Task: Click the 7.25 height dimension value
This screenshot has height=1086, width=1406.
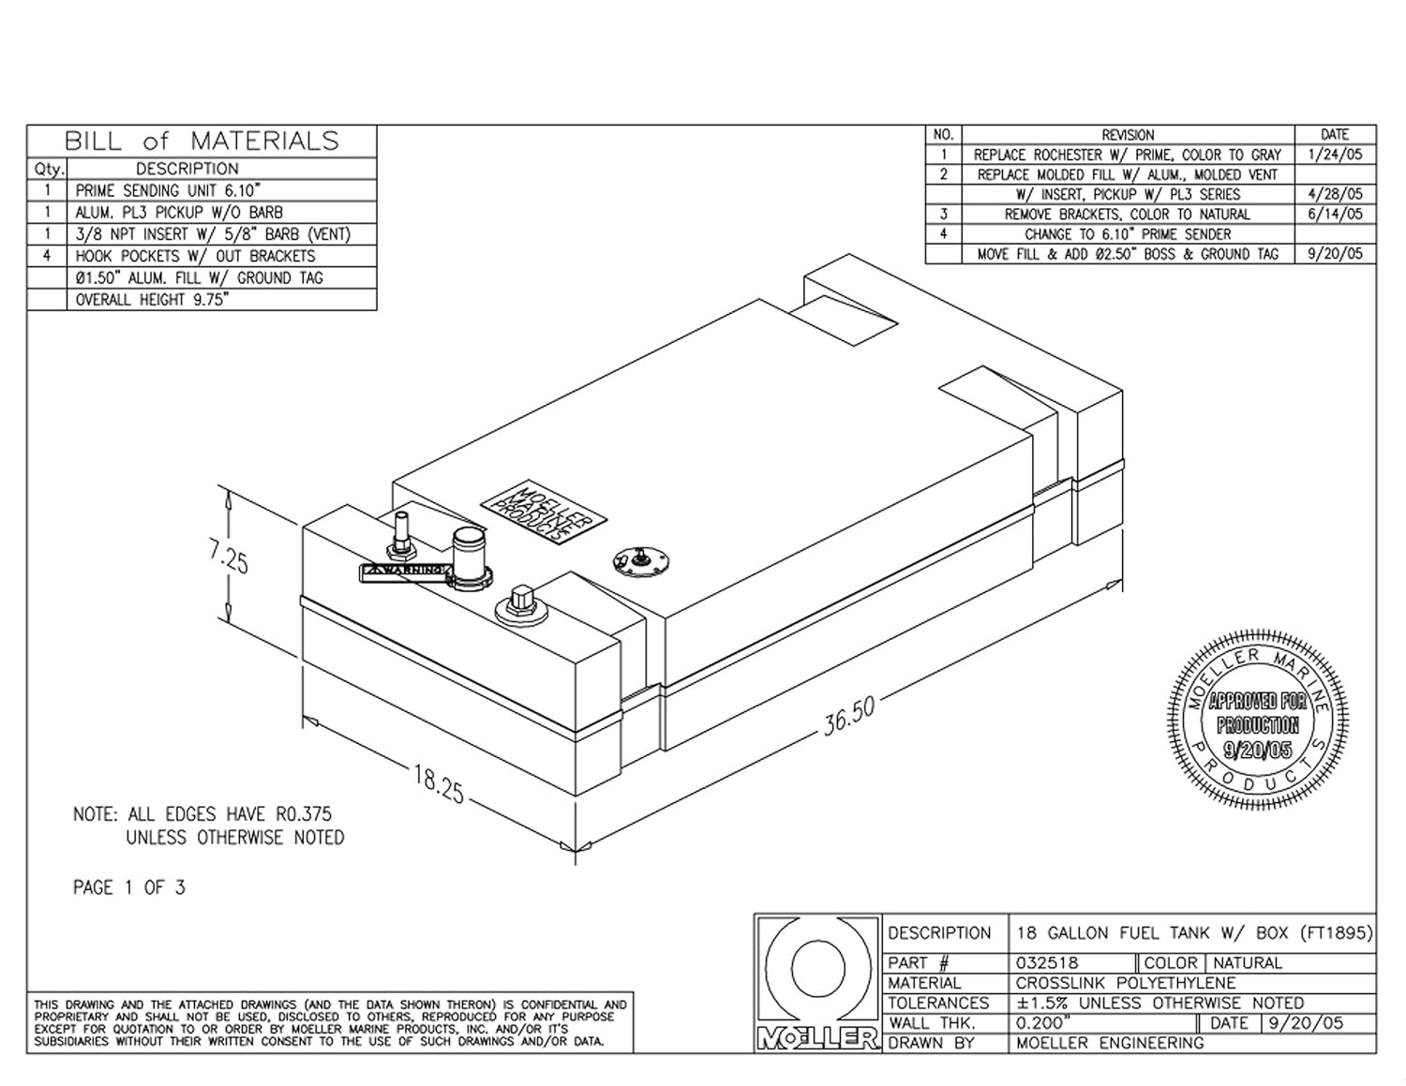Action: [x=229, y=560]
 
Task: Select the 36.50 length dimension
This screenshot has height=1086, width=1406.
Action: [x=849, y=716]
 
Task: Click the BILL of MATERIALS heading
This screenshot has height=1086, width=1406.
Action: [x=202, y=141]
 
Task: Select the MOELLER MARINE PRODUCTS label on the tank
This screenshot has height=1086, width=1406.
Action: [x=544, y=512]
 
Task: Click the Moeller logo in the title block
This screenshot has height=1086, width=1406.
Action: [x=817, y=982]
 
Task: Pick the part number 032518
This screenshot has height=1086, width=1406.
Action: [x=1047, y=962]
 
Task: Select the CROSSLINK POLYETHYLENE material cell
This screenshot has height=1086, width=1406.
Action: [x=1126, y=983]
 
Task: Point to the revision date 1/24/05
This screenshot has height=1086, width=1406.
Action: [x=1335, y=155]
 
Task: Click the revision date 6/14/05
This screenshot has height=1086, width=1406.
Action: [x=1335, y=214]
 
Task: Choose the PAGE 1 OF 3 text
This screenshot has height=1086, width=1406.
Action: [x=129, y=887]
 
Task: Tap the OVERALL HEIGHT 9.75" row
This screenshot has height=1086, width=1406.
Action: [x=153, y=300]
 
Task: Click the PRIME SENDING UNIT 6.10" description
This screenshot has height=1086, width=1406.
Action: [x=168, y=190]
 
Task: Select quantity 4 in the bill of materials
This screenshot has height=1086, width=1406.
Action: [x=47, y=256]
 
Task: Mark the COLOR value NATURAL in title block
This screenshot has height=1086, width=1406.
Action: [x=1247, y=962]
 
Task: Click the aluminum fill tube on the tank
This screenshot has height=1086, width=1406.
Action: [x=467, y=555]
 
